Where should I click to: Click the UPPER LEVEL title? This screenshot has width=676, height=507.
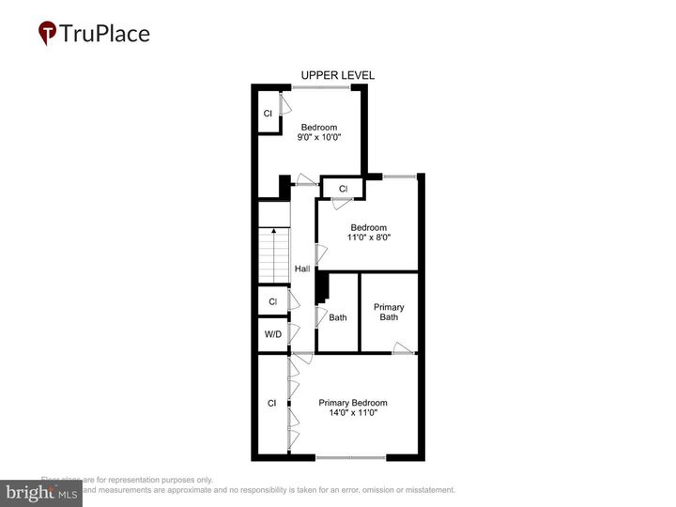(338, 75)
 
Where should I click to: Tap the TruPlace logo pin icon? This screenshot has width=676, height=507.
(47, 34)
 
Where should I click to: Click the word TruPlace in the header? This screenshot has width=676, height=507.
(104, 34)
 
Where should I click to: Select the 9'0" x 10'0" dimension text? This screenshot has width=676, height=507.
(318, 138)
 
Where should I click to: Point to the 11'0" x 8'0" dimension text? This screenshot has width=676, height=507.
(369, 238)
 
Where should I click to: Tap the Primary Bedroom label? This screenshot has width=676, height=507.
(352, 403)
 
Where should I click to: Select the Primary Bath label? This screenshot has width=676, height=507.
(389, 312)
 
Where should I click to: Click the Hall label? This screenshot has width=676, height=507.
(301, 269)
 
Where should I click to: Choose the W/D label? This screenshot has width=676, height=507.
(272, 333)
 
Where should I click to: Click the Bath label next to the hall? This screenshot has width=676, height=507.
(337, 317)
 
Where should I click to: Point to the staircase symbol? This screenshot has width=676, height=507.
(273, 254)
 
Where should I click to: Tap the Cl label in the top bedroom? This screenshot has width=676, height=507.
(268, 114)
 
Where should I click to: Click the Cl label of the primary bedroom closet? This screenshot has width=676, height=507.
(271, 403)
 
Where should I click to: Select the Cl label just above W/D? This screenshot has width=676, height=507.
(272, 301)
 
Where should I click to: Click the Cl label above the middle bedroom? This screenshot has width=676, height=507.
(343, 189)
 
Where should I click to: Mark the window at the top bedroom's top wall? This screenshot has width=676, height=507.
(321, 88)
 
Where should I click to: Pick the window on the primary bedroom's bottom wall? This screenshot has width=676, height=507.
(350, 457)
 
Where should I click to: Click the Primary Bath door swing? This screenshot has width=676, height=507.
(403, 348)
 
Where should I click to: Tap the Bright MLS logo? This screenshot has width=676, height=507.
(41, 493)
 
